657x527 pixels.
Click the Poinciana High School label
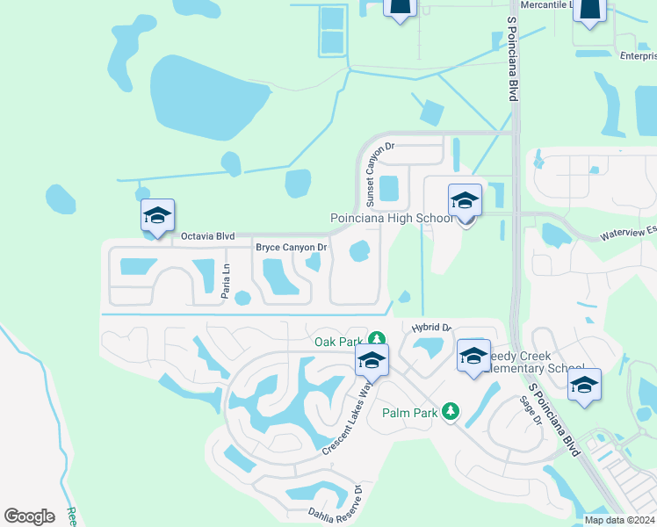click(x=392, y=218)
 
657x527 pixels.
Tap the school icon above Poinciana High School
click(x=465, y=200)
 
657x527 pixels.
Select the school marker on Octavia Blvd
click(x=158, y=215)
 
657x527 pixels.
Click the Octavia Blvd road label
click(x=207, y=236)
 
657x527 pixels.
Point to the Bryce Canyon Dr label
click(x=291, y=248)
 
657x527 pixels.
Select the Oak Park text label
click(x=338, y=341)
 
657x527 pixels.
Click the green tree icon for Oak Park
click(x=376, y=338)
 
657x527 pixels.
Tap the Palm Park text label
click(x=409, y=411)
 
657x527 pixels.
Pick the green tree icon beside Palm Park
click(x=450, y=410)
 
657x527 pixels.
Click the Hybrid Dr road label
click(x=430, y=328)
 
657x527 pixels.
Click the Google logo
click(x=29, y=516)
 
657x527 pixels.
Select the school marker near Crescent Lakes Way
click(x=372, y=360)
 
